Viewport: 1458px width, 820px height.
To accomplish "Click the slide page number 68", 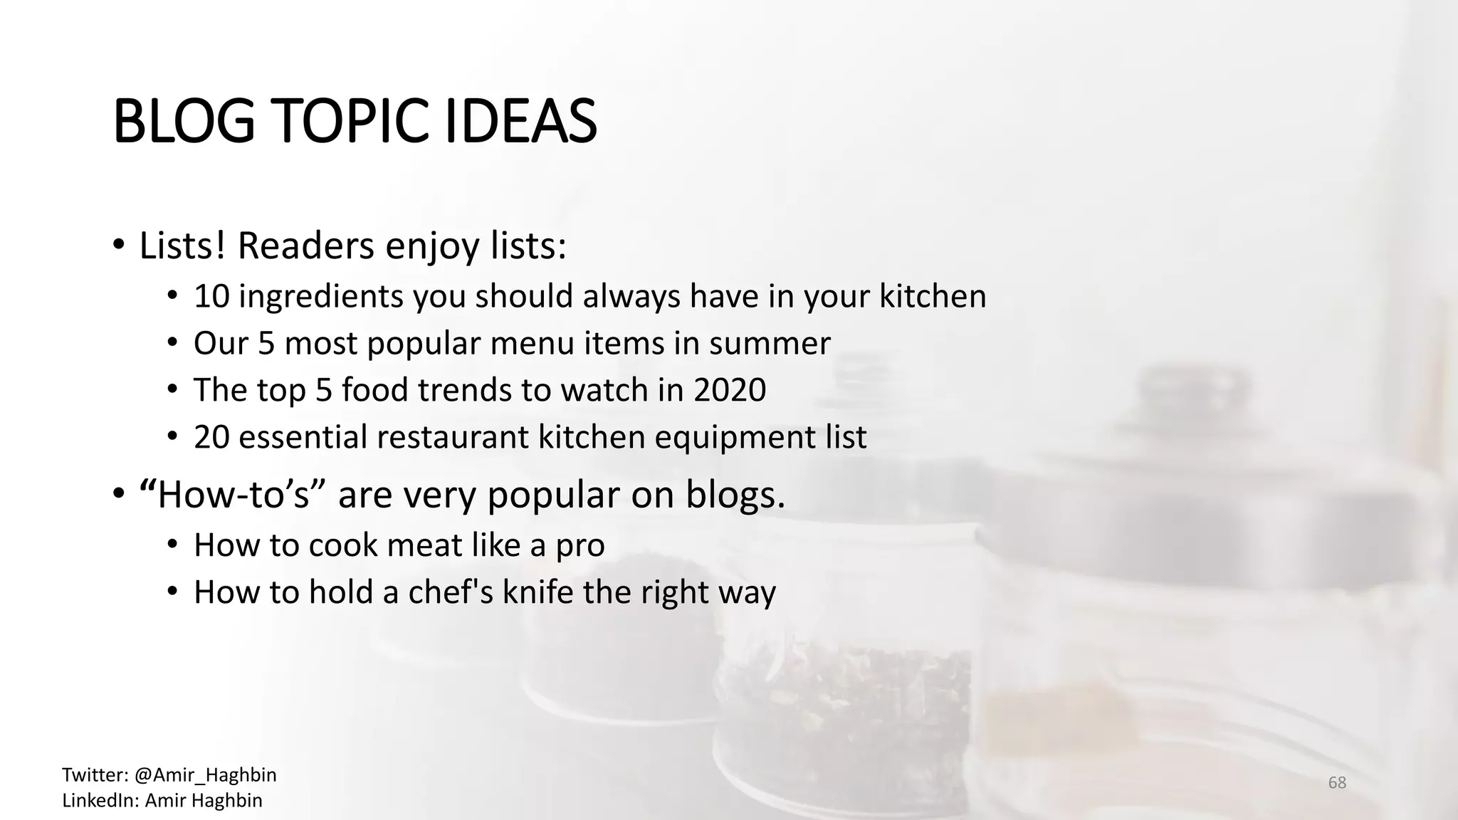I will (1337, 783).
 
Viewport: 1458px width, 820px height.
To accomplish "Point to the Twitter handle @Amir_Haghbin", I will (205, 774).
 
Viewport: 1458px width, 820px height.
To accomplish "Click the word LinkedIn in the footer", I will (100, 800).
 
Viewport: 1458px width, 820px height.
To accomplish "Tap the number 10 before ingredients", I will (211, 296).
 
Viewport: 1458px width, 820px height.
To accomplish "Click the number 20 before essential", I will (211, 437).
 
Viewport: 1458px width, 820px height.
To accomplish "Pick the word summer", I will (770, 343).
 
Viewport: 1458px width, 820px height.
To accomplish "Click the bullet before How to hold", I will (172, 592).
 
